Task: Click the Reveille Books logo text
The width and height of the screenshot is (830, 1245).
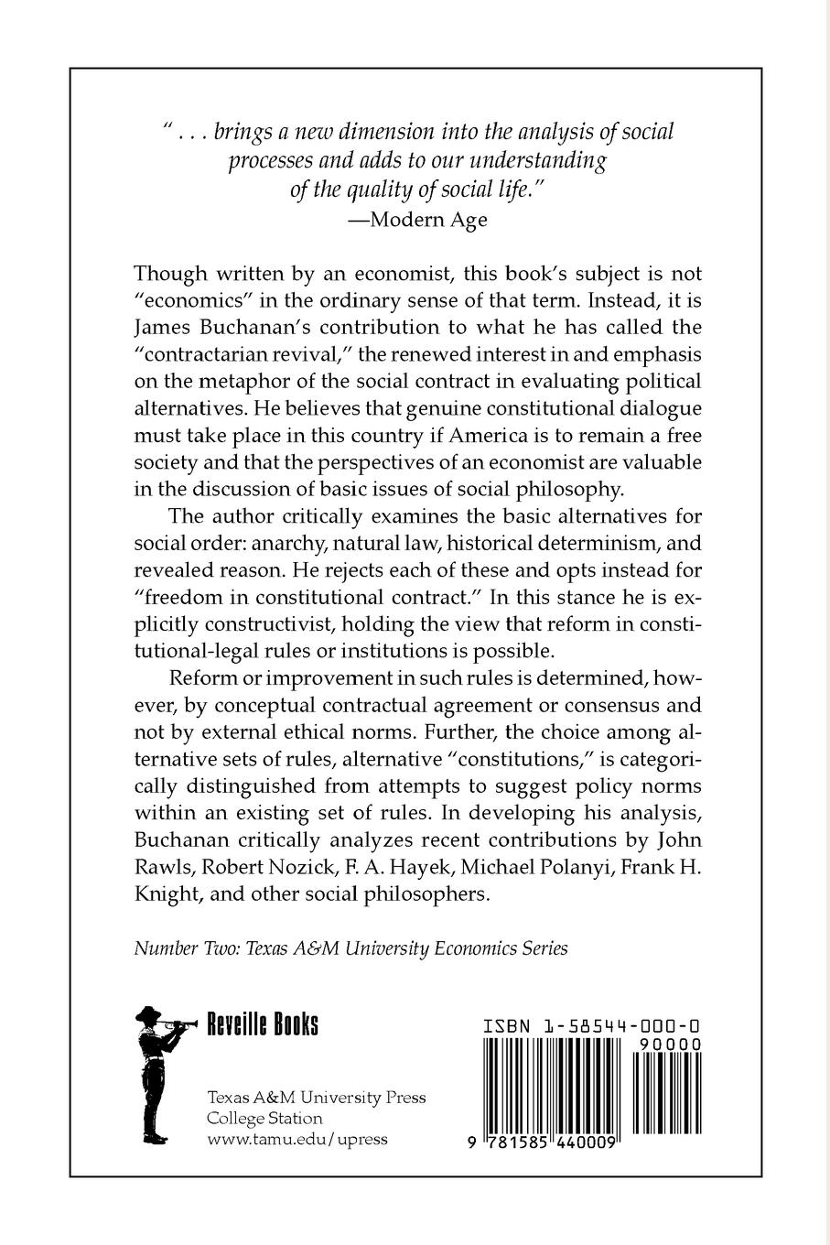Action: point(263,1024)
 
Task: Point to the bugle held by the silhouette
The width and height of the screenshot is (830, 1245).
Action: point(179,1027)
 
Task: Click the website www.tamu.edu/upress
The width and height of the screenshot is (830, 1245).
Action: point(297,1139)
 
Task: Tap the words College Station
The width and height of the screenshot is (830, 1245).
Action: point(265,1118)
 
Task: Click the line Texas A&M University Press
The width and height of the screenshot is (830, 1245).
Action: point(317,1097)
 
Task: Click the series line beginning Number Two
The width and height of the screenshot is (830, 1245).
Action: point(350,947)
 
